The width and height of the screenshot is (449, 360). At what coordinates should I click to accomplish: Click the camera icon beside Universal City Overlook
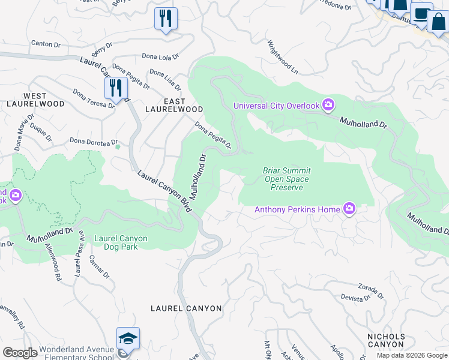[328, 106]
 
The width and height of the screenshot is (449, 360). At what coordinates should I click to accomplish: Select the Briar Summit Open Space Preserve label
[286, 179]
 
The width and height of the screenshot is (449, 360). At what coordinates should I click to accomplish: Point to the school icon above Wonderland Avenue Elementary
[128, 339]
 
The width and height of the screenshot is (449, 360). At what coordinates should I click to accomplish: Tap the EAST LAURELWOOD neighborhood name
[174, 105]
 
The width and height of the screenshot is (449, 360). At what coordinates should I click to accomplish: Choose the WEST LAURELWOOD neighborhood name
[43, 100]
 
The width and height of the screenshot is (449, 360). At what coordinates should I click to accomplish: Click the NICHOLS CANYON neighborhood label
[386, 340]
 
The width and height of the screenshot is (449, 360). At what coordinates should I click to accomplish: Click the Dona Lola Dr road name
[160, 56]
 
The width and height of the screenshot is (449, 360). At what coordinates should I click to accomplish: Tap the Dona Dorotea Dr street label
[93, 142]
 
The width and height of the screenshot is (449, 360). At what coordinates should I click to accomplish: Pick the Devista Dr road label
[356, 298]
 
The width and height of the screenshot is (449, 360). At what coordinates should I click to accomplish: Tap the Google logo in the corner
[20, 353]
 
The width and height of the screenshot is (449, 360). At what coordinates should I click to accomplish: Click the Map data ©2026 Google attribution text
[412, 355]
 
